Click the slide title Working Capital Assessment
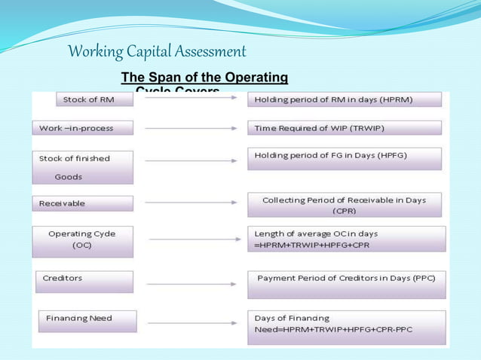point(157,52)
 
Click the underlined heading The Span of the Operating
point(204,78)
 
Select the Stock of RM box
point(94,99)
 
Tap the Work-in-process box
point(82,128)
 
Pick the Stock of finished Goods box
point(82,167)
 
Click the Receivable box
point(82,203)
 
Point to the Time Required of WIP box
point(344,128)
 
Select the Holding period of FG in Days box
point(344,158)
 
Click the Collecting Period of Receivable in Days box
point(344,205)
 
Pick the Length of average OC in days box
point(346,239)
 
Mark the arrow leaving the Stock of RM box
point(191,99)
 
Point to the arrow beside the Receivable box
point(191,203)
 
